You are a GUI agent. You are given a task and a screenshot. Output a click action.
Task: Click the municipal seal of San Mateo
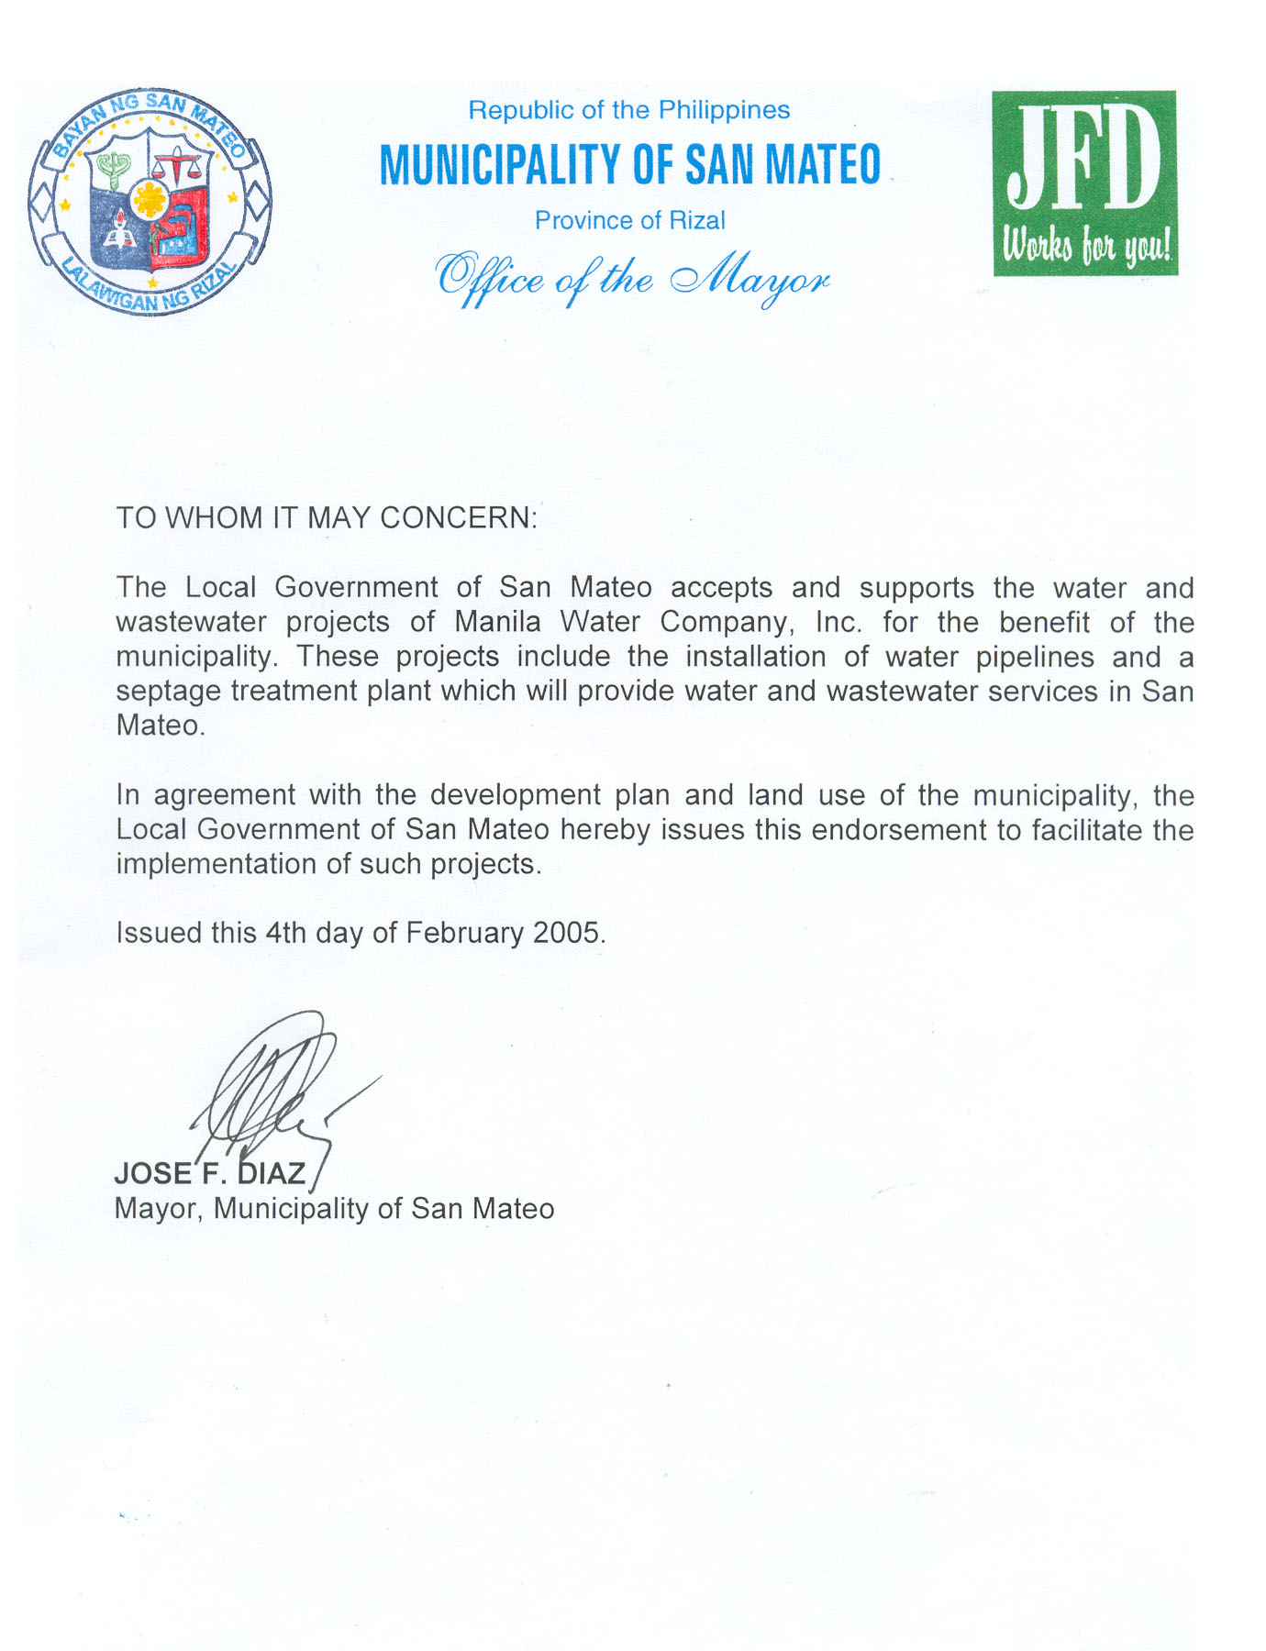[x=150, y=202]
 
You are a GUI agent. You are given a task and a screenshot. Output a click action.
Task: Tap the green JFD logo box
[x=1084, y=183]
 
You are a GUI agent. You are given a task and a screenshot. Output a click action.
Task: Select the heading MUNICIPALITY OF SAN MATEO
[x=630, y=165]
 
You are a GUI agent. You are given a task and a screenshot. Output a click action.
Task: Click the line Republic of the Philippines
[x=628, y=110]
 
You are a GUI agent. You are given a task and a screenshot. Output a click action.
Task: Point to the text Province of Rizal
[x=629, y=220]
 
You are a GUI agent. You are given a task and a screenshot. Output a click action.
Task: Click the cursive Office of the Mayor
[x=632, y=278]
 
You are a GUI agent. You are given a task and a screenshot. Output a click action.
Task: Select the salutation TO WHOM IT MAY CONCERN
[x=326, y=517]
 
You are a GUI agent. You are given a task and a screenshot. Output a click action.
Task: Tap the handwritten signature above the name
[x=275, y=1091]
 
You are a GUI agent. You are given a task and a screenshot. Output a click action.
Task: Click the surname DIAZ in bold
[x=272, y=1173]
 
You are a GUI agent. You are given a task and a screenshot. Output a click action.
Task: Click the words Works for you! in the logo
[x=1086, y=246]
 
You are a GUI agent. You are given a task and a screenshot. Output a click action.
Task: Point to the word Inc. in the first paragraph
[x=838, y=622]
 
